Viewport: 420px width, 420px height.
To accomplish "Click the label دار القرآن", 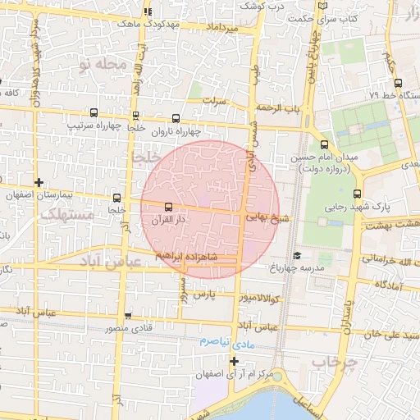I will pyautogui.click(x=169, y=221).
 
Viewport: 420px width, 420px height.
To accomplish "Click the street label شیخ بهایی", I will pyautogui.click(x=267, y=219).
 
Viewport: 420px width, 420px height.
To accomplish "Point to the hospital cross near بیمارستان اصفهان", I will pyautogui.click(x=39, y=182).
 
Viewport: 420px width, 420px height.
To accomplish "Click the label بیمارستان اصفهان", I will pyautogui.click(x=39, y=197).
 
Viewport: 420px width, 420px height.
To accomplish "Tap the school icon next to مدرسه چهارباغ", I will pyautogui.click(x=295, y=255).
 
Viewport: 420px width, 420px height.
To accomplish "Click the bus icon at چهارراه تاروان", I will pyautogui.click(x=179, y=117).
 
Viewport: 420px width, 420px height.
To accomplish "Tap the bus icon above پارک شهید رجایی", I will pyautogui.click(x=355, y=194).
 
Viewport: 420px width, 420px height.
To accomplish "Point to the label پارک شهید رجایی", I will pyautogui.click(x=356, y=208).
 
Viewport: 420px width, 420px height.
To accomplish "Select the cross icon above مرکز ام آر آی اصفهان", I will pyautogui.click(x=234, y=360).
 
